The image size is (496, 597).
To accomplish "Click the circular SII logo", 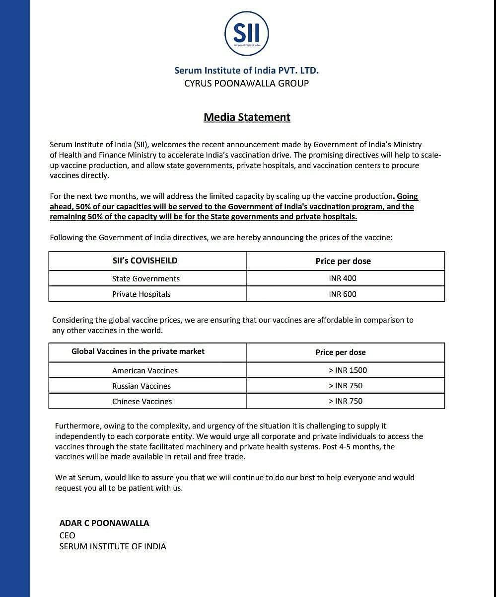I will pos(246,34).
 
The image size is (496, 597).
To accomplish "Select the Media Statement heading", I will pos(247,117).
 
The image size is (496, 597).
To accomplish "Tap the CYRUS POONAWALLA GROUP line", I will pos(246,84).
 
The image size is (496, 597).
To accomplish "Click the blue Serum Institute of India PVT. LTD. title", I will pos(246,71).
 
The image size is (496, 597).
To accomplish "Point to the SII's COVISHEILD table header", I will pos(145,260).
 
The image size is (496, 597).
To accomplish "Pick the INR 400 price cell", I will pos(343,278).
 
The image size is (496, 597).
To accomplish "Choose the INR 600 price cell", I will pos(343,294).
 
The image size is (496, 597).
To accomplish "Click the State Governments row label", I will pos(146,279).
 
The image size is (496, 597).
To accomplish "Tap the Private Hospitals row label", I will pos(142,294).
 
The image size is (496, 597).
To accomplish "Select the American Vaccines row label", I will pos(145,371).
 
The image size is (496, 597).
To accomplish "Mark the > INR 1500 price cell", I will pos(348,370).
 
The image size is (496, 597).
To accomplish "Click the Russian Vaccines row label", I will pos(142,386).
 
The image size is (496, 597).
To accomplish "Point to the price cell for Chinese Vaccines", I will pos(346,401).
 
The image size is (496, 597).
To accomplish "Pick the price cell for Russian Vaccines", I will pos(346,386).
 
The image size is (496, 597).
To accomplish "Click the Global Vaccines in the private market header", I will pos(138,351).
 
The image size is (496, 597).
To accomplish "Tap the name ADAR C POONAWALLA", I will pos(104,523).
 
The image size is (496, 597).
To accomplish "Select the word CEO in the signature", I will pos(68,535).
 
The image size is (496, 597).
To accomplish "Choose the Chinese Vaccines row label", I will pos(142,402).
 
